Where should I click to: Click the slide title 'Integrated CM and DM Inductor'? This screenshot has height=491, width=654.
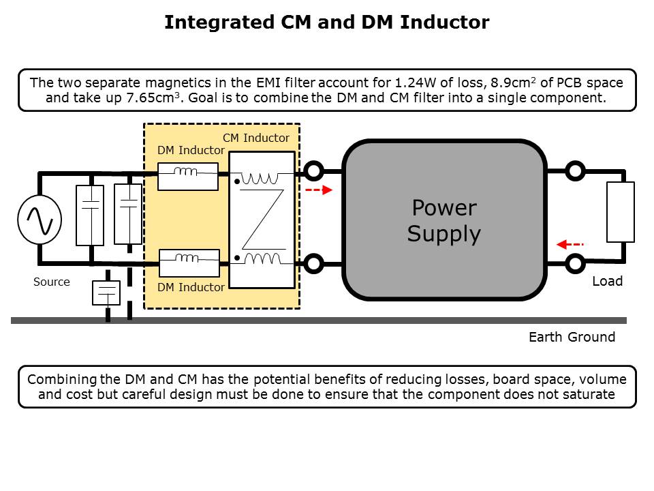pos(326,23)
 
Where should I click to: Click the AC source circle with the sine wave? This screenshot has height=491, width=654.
pos(40,220)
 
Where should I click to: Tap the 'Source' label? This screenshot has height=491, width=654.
pos(52,282)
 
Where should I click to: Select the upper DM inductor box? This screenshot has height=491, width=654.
pos(188,177)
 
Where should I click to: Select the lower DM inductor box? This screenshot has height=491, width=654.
pos(189,263)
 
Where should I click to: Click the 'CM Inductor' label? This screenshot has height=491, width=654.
pos(256,138)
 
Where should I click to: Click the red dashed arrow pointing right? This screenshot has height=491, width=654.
pos(318,190)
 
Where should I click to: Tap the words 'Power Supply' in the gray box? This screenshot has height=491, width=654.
pos(444,220)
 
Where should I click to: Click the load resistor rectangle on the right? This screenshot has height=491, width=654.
pos(620,211)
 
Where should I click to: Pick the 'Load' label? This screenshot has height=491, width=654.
pos(607,281)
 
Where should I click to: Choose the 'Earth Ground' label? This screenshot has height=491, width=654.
pos(572,337)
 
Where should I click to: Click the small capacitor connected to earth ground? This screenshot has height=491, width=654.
pos(107,293)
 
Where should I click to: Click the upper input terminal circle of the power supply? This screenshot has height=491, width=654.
pos(313,170)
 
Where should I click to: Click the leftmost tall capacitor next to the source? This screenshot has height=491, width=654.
pos(90,215)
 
